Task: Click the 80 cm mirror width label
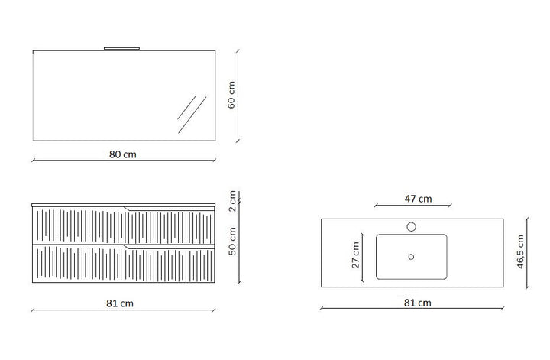(122, 154)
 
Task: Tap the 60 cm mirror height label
(231, 95)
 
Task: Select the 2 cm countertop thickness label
(232, 202)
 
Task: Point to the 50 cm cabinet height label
(232, 241)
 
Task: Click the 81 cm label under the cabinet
(120, 303)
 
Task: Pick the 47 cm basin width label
(418, 199)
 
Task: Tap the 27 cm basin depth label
(356, 255)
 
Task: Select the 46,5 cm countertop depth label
(520, 252)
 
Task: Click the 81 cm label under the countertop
(417, 303)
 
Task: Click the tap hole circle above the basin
(412, 227)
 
